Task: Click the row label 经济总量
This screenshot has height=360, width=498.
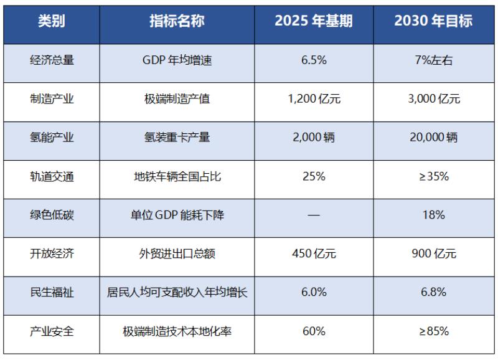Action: [52, 60]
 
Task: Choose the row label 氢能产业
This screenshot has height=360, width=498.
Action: [52, 138]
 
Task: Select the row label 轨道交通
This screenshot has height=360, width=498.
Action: [52, 176]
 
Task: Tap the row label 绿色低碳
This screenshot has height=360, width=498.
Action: [52, 215]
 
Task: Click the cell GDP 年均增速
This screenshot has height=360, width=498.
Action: [177, 60]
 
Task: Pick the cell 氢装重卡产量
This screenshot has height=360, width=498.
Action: [177, 138]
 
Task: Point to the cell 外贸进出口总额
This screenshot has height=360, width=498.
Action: [177, 253]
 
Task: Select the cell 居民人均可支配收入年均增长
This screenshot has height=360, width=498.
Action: [177, 292]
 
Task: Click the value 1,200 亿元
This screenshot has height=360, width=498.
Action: [314, 99]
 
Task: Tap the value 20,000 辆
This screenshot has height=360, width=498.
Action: [433, 138]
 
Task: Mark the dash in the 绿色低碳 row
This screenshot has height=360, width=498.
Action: [314, 215]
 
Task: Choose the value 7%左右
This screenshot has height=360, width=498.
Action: [433, 60]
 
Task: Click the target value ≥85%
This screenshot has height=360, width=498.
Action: [433, 331]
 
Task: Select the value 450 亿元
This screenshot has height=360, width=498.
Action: [314, 253]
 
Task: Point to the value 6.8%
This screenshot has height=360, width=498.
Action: [433, 292]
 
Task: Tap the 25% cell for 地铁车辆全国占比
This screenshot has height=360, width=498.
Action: [314, 176]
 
